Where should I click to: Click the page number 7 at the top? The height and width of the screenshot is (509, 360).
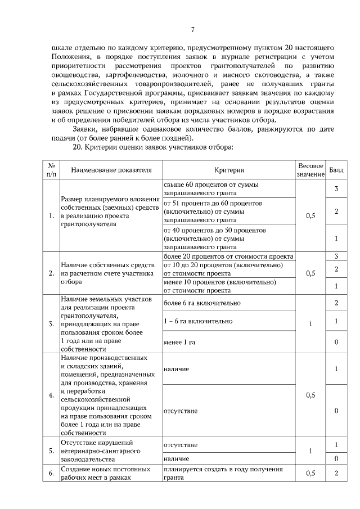[x=192, y=30]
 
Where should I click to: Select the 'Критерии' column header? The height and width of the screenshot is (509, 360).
[x=229, y=170]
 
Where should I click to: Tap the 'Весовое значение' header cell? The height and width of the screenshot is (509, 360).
[x=310, y=170]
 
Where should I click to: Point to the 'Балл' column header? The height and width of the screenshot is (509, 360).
[x=336, y=170]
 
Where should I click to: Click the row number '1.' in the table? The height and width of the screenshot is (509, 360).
[x=51, y=215]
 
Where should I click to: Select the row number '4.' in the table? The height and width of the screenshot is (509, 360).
[x=51, y=395]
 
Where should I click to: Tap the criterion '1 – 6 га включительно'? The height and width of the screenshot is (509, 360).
[x=197, y=321]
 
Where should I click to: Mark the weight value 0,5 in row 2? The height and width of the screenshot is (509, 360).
[x=310, y=273]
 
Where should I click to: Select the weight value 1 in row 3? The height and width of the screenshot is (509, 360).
[x=310, y=324]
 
